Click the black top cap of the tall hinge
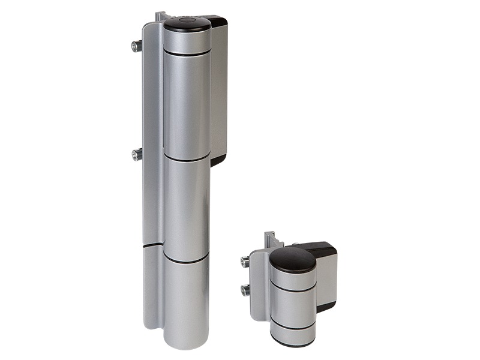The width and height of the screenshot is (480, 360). pyautogui.click(x=187, y=24)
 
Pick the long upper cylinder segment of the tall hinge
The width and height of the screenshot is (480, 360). pyautogui.click(x=187, y=105)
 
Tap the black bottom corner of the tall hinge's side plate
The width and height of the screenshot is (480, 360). pyautogui.click(x=218, y=160)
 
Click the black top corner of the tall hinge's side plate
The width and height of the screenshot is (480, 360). pyautogui.click(x=217, y=20)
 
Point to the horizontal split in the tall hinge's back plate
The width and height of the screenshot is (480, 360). pyautogui.click(x=152, y=245)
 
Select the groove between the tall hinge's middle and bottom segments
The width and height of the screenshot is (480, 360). pyautogui.click(x=186, y=260)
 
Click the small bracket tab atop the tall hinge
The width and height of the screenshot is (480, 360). pyautogui.click(x=160, y=16)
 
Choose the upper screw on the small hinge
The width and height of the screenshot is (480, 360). pyautogui.click(x=245, y=261)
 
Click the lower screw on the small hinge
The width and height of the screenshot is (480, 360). pyautogui.click(x=245, y=290)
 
